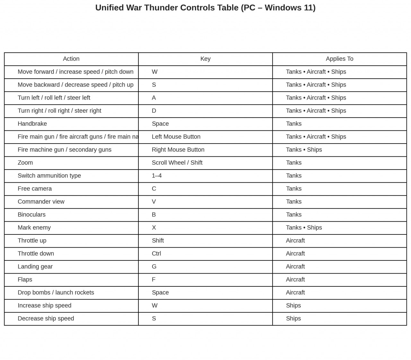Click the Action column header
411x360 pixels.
tap(71, 59)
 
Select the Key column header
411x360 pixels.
tap(205, 59)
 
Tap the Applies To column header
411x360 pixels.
tap(339, 59)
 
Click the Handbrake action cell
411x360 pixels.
tap(32, 124)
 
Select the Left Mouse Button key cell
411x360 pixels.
tap(176, 136)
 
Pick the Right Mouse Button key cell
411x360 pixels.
tap(178, 150)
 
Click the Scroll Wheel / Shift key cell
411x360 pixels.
tap(177, 162)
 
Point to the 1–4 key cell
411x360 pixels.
tap(157, 176)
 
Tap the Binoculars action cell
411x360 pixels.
tap(31, 215)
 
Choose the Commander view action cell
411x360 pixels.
tap(41, 202)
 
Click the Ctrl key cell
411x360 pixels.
tap(156, 253)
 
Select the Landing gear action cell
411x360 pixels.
tap(35, 267)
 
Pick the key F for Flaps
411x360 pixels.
tap(154, 279)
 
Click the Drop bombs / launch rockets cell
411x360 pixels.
tap(56, 293)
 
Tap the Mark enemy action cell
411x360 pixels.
tap(34, 228)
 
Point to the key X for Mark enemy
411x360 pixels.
tap(154, 228)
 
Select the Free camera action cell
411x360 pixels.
tap(35, 189)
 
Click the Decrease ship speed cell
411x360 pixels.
tap(46, 319)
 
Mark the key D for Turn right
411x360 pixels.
tap(154, 111)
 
